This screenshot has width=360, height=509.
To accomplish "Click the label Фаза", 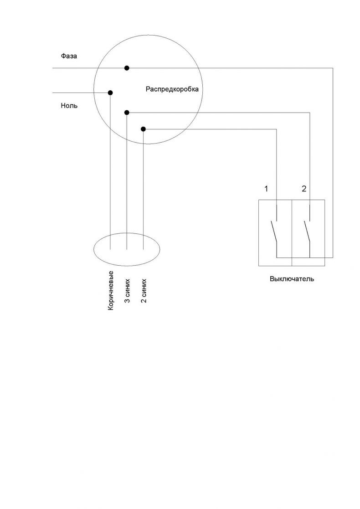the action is pos(69,56).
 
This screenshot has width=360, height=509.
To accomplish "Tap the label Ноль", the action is pos(69,106).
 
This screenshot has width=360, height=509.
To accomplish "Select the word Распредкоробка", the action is pos(172,89).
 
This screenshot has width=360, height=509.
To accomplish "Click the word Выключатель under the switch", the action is pos(292,279).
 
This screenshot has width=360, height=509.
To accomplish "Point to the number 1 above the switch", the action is pos(267,189).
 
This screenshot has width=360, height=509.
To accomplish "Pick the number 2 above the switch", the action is pos(304,189).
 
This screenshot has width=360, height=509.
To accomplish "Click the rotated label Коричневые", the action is pos(111,290).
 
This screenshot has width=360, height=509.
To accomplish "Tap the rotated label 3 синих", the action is pos(127,291).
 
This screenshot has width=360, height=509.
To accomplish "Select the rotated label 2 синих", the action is pos(144,291).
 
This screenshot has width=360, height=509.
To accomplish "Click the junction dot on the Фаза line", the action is pos(127,68).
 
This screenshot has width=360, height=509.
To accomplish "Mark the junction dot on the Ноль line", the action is pos(110,93).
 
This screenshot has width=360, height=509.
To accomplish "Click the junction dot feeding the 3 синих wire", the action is pos(127,113).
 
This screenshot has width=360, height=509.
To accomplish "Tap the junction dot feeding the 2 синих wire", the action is pos(144,129).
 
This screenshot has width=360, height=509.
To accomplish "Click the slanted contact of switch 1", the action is pos(274,232).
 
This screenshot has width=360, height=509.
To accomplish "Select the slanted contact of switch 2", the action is pos(307,232).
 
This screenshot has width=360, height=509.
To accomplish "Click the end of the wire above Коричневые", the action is pos(110,249).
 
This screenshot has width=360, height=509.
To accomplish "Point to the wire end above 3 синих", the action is pos(127,249).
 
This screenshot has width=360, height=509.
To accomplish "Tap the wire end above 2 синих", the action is pos(144,249).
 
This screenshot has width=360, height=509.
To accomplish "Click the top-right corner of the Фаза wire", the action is pos(333,68).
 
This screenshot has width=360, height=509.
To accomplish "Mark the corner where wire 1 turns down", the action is pos(277,129).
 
